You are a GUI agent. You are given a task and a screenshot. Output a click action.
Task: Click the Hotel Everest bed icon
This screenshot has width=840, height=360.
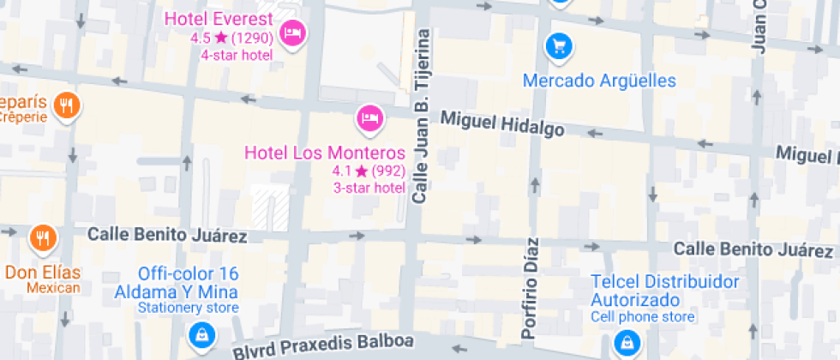(293, 33)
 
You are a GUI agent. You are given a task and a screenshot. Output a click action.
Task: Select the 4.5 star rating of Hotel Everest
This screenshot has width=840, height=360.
(231, 38)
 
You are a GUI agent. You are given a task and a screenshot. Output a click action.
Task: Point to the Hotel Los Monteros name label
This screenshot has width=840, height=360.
(325, 153)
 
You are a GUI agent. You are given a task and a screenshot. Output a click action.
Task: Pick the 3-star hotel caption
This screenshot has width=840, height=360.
(369, 188)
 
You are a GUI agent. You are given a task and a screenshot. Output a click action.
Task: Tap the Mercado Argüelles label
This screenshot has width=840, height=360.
(599, 81)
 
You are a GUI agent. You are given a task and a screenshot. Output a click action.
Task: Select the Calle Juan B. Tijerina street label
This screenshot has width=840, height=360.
(420, 117)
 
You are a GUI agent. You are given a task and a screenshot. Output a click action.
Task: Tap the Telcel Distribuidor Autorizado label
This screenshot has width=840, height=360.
(664, 291)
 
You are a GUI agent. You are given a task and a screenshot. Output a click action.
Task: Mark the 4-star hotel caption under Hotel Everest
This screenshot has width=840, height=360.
(237, 55)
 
